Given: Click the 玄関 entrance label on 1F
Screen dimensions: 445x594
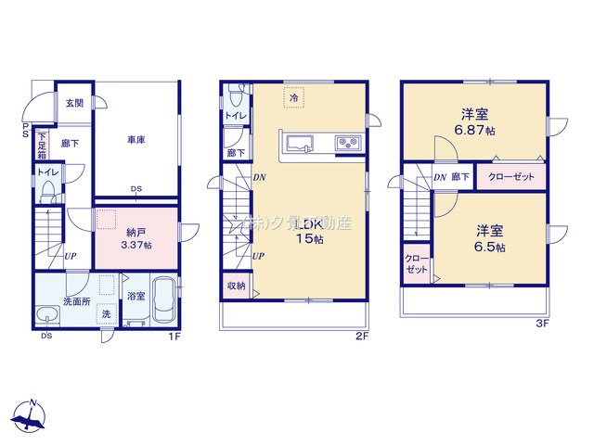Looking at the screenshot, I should [x=74, y=103].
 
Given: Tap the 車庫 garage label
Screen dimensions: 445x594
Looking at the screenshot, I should [x=136, y=140].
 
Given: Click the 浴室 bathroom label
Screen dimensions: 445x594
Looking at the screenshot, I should [x=135, y=295].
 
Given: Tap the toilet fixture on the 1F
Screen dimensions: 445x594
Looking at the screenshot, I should [x=47, y=192].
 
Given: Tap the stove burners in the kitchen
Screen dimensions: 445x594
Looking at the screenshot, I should [x=346, y=143].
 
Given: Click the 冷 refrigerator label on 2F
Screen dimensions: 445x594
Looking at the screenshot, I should [x=294, y=97].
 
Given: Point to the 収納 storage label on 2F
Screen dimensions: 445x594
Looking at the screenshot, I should [x=236, y=286].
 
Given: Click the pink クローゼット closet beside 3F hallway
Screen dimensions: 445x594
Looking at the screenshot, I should [x=510, y=177].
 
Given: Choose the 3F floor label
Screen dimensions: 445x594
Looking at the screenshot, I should [x=543, y=324].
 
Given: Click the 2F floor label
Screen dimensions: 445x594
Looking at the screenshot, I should [x=362, y=336].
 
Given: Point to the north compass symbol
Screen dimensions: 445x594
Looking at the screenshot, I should [x=32, y=416].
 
